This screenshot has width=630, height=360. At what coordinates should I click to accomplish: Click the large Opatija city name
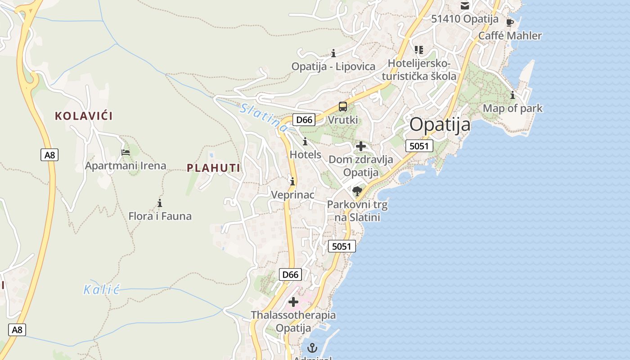coord(440,124)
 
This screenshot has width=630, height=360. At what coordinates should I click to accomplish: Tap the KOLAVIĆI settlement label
coord(84,116)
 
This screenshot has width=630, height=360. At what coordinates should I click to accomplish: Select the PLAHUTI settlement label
coord(213,168)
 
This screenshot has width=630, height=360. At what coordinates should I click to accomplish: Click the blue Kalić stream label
coord(102,289)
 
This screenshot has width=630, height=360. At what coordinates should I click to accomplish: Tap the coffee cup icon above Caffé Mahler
coord(510,22)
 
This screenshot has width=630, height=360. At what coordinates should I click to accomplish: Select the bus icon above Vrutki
coord(343,107)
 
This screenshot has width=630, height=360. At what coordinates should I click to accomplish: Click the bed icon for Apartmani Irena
coord(126,152)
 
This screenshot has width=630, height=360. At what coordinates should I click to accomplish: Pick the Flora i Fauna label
coord(160,216)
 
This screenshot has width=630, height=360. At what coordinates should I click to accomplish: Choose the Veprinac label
coord(292,195)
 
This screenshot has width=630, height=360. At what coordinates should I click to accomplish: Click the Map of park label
coord(513,108)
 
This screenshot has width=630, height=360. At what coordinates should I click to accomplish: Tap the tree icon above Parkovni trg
coord(357,191)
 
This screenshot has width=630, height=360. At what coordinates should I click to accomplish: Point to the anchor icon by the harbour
coord(312,348)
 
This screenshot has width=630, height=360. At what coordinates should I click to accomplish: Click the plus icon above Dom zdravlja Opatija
coord(360,146)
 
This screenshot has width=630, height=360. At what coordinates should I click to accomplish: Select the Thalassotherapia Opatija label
coord(293,321)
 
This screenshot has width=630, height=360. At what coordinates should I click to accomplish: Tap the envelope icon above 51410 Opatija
coord(464,6)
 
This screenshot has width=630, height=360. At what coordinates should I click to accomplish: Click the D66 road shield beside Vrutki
coord(304,119)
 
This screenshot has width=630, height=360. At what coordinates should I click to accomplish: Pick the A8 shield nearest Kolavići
coord(49,155)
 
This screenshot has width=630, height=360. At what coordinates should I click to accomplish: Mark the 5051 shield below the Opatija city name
coord(419,146)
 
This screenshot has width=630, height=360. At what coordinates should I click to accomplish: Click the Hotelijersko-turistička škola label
coord(422,70)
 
